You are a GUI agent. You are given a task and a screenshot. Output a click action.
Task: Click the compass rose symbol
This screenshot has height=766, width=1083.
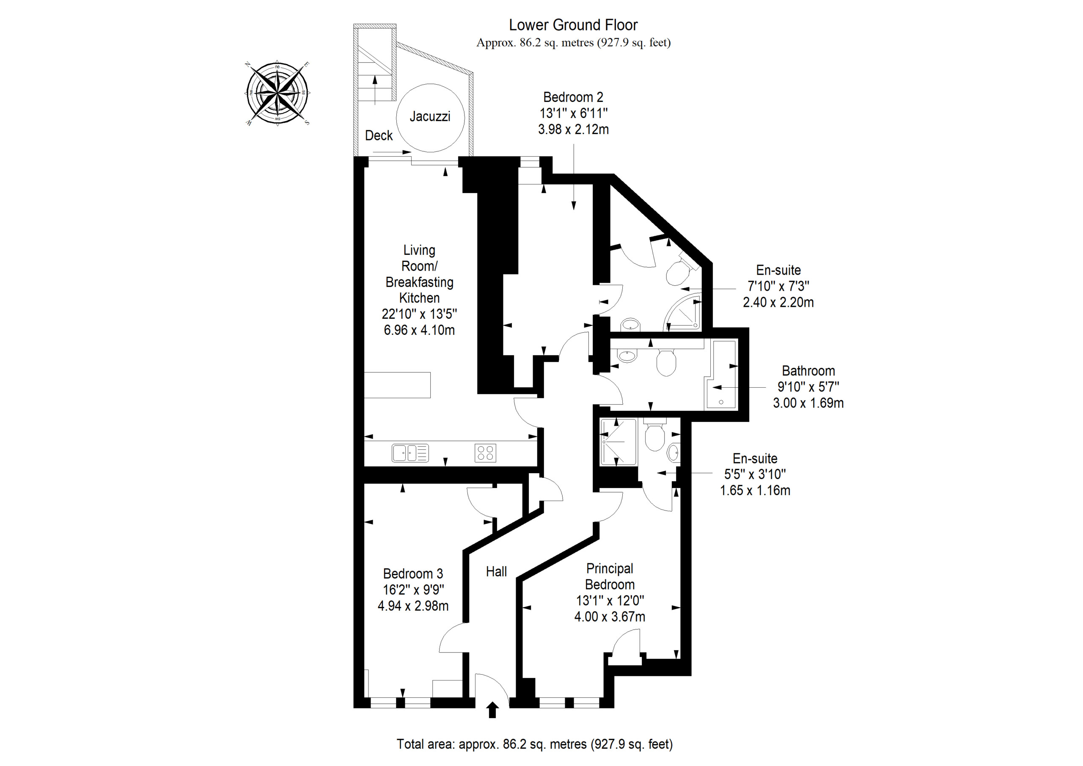click(278, 93)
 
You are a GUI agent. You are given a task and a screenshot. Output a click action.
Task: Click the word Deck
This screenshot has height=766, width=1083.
click(379, 135)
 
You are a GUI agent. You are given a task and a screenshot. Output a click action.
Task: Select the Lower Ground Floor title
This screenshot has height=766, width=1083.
click(573, 25)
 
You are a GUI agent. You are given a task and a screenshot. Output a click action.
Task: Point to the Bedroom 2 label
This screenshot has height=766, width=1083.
click(573, 97)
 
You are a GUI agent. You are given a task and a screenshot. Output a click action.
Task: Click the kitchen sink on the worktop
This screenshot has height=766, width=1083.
click(410, 453)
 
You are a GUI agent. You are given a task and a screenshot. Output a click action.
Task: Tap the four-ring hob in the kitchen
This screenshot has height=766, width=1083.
click(485, 453)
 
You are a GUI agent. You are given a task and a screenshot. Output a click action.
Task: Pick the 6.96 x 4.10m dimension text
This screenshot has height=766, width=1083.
click(419, 330)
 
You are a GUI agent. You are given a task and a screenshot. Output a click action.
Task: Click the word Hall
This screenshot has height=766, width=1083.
click(496, 572)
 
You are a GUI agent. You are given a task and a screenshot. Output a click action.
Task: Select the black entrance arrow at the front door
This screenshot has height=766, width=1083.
click(492, 709)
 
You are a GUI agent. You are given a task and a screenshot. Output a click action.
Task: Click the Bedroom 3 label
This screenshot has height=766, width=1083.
click(413, 574)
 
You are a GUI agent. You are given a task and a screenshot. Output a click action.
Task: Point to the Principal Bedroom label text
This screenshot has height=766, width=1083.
click(610, 576)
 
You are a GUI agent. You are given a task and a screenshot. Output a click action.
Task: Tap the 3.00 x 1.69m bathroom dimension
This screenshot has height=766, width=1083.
click(808, 403)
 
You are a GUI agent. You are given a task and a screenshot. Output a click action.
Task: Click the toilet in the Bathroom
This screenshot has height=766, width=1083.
click(666, 362)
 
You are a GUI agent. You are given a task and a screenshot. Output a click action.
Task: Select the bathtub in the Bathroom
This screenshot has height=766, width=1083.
click(720, 375)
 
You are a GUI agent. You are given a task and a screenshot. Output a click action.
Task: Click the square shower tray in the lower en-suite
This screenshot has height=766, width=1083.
click(618, 441)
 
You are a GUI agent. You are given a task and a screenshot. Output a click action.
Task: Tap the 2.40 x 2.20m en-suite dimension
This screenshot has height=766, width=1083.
click(778, 302)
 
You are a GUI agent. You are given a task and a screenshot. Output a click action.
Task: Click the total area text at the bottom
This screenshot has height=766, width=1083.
click(534, 744)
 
